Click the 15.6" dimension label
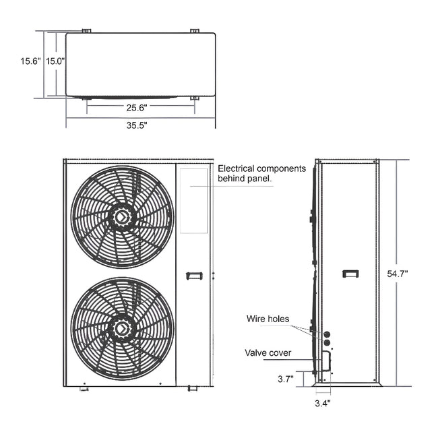pyautogui.click(x=30, y=61)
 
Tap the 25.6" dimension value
pyautogui.click(x=137, y=107)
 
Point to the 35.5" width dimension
pyautogui.click(x=137, y=125)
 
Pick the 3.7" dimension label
pyautogui.click(x=285, y=379)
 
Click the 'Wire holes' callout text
pyautogui.click(x=268, y=319)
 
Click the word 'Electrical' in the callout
pyautogui.click(x=237, y=168)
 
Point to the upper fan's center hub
pyautogui.click(x=122, y=217)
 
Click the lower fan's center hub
pyautogui.click(x=122, y=328)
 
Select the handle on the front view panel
pyautogui.click(x=194, y=274)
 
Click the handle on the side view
pyautogui.click(x=350, y=274)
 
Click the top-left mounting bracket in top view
pyautogui.click(x=86, y=30)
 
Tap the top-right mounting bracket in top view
pyautogui.click(x=194, y=30)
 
